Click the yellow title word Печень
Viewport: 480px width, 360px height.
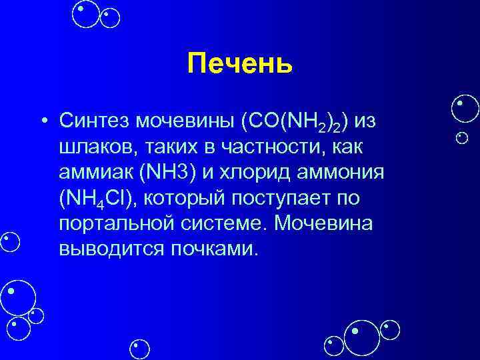[x=239, y=64]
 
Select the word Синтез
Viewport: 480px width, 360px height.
[x=94, y=121]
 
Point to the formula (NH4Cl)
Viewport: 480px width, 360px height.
[x=99, y=198]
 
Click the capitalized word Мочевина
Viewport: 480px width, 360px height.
[x=326, y=223]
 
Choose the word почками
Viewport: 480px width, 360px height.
[x=213, y=249]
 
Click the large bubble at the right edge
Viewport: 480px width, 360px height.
[x=464, y=109]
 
